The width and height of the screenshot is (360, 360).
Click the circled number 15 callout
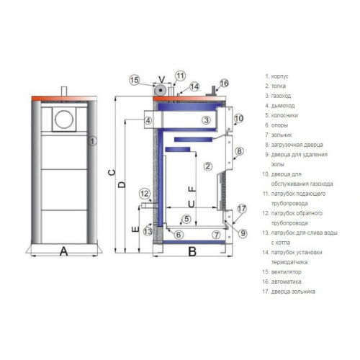(x=135, y=80)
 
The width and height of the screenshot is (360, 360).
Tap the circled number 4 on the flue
(x=148, y=120)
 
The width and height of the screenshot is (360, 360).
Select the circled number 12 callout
(x=145, y=194)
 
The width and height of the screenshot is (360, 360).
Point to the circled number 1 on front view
(x=92, y=141)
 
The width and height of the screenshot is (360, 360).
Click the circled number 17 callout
(x=242, y=209)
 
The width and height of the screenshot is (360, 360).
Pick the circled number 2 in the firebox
(x=208, y=166)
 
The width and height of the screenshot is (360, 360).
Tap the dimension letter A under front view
(x=63, y=251)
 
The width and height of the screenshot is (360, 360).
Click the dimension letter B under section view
(x=192, y=251)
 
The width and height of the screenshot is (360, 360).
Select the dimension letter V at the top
(x=162, y=79)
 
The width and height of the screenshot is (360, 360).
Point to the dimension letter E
(x=135, y=229)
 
